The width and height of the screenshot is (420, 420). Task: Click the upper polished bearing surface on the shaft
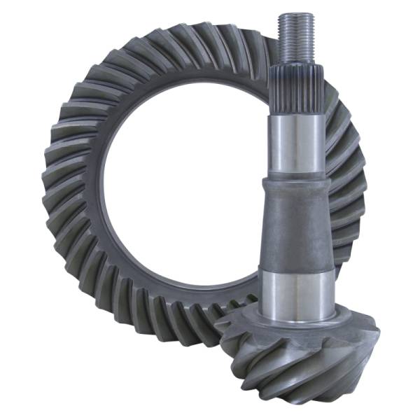point(295,143)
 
